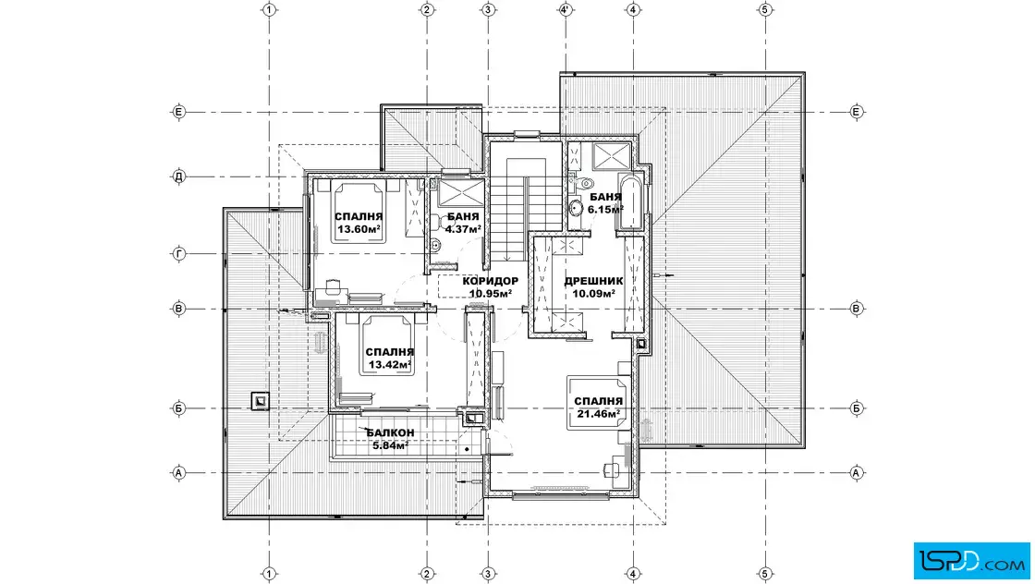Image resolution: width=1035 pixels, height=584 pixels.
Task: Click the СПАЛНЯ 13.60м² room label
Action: click(x=359, y=223)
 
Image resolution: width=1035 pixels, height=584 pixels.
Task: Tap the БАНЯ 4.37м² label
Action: click(x=463, y=223)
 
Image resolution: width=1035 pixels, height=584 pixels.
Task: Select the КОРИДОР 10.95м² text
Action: click(x=491, y=287)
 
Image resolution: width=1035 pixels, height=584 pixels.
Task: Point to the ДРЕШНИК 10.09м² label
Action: click(x=593, y=287)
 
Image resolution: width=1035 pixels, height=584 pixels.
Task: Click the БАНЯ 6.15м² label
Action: click(x=605, y=203)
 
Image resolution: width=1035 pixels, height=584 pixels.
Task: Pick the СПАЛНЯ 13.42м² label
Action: click(x=389, y=359)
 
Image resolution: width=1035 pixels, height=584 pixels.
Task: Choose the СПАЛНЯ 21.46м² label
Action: click(x=598, y=408)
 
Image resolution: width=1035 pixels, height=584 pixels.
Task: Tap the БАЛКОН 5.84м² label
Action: click(x=390, y=439)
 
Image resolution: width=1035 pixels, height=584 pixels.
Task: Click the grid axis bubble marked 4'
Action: click(x=566, y=9)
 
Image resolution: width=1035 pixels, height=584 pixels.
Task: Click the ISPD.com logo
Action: click(x=971, y=561)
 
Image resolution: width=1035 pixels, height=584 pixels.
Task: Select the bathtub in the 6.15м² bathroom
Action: click(x=629, y=202)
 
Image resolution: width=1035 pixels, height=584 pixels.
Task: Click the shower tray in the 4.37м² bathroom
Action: click(x=455, y=193)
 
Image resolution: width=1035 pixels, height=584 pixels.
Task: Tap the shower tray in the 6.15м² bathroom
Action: click(x=612, y=157)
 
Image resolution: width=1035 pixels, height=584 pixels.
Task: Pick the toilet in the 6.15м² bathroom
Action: click(x=583, y=183)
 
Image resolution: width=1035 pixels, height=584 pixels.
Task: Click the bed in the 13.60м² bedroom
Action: click(x=359, y=213)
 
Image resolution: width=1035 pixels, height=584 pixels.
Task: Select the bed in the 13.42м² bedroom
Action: click(x=387, y=346)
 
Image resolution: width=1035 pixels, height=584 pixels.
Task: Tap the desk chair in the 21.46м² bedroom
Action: click(x=609, y=470)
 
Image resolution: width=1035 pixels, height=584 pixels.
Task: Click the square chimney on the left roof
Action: click(x=260, y=400)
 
